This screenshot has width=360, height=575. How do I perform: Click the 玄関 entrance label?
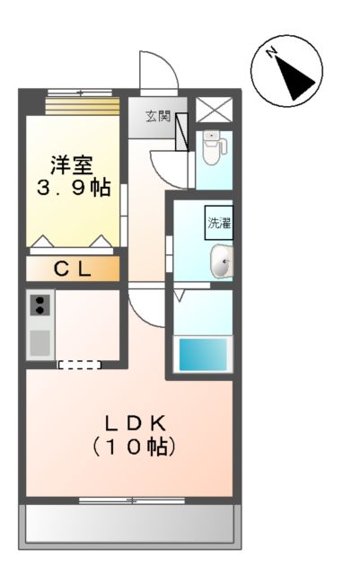point(159,116)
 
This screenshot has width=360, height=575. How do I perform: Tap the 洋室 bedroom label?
point(73,165)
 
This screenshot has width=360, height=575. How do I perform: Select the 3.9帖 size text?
point(73,188)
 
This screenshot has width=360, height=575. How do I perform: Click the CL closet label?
point(71,268)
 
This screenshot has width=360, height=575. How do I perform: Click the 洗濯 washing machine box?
point(219,222)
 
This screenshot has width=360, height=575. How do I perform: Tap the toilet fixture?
point(212,147)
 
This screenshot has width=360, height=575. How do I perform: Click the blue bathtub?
point(204,353)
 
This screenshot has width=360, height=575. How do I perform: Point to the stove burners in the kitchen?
point(40,305)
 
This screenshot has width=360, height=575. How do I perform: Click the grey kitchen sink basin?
point(40,342)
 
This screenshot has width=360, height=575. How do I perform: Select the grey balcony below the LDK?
point(132,525)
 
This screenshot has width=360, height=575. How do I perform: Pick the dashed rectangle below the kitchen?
point(80,364)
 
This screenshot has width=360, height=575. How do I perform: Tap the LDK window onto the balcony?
point(132,500)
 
